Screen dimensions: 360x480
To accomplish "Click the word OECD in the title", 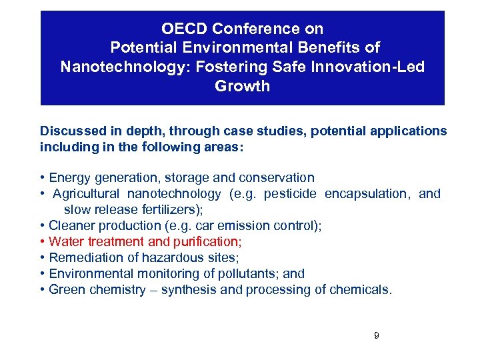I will pyautogui.click(x=189, y=29).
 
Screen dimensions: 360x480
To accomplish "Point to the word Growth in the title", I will pyautogui.click(x=242, y=86).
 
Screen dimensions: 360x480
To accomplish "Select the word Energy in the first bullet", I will pyautogui.click(x=67, y=177).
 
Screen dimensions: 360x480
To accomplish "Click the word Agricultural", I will pyautogui.click(x=86, y=193).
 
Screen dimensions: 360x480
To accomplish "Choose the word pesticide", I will pyautogui.click(x=291, y=193).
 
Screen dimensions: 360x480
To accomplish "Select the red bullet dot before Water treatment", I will pyautogui.click(x=43, y=241).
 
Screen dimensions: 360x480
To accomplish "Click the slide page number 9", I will pyautogui.click(x=376, y=335).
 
